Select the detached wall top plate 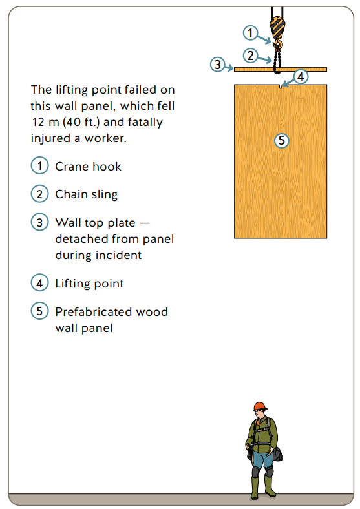click(x=281, y=69)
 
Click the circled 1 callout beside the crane click(x=251, y=32)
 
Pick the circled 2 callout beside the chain click(x=251, y=54)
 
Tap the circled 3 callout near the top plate click(x=218, y=64)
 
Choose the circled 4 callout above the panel click(x=301, y=76)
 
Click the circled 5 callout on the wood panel click(x=281, y=140)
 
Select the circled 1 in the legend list click(x=39, y=165)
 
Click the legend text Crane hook click(x=88, y=166)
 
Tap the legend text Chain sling click(x=86, y=194)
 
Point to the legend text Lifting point click(x=89, y=283)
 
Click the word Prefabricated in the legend click(x=95, y=312)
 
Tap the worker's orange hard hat click(x=260, y=406)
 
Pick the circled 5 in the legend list click(x=39, y=311)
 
